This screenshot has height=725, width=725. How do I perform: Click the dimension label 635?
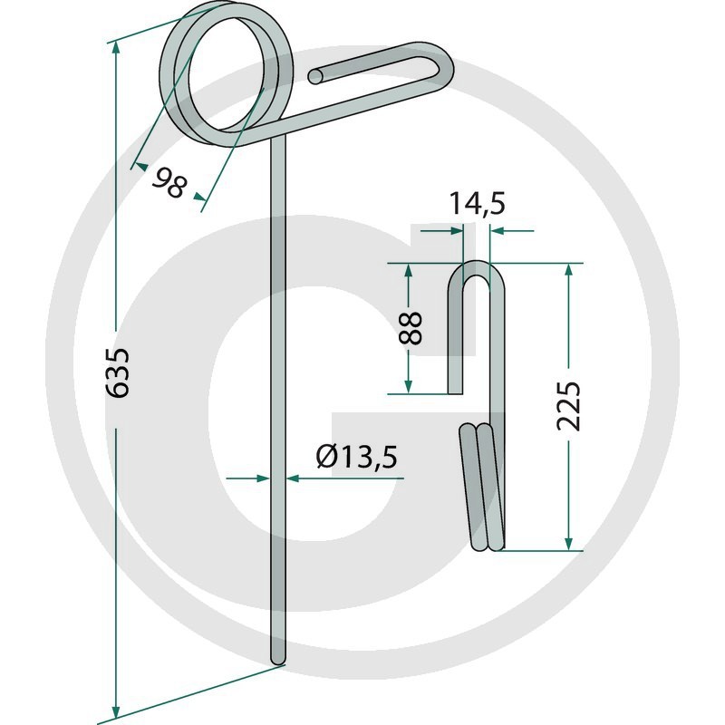118,373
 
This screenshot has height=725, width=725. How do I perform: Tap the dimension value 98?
169,184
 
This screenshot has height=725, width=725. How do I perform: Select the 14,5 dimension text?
477,204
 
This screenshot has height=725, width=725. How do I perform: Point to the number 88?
411,328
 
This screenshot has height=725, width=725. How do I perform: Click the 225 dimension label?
568,407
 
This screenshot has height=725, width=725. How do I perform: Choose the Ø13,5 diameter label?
356,457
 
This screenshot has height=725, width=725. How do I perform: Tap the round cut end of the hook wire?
316,77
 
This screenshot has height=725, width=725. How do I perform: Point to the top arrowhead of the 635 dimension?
116,48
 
